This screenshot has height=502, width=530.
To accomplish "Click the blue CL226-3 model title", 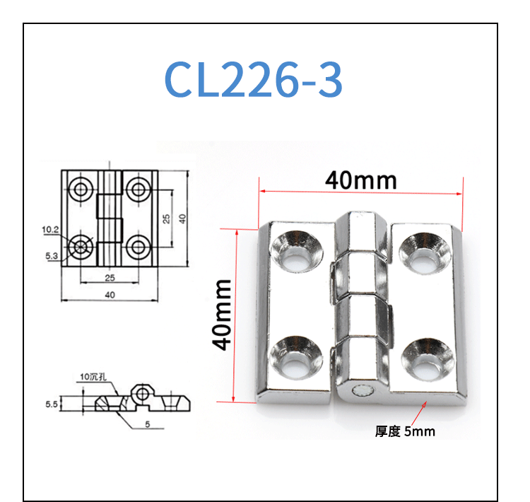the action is click(x=254, y=79).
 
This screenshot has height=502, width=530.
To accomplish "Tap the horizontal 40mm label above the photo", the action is click(x=361, y=180).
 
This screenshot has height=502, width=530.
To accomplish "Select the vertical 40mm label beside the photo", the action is click(x=222, y=315).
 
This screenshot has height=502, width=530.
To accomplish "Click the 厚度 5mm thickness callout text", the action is click(x=405, y=431).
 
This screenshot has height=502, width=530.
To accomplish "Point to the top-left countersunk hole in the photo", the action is click(x=297, y=251).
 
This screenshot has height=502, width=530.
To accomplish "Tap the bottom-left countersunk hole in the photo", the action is click(x=296, y=357).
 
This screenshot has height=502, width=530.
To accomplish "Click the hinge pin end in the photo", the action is click(x=362, y=392).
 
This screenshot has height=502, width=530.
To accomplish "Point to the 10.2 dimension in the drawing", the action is click(x=50, y=230).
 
